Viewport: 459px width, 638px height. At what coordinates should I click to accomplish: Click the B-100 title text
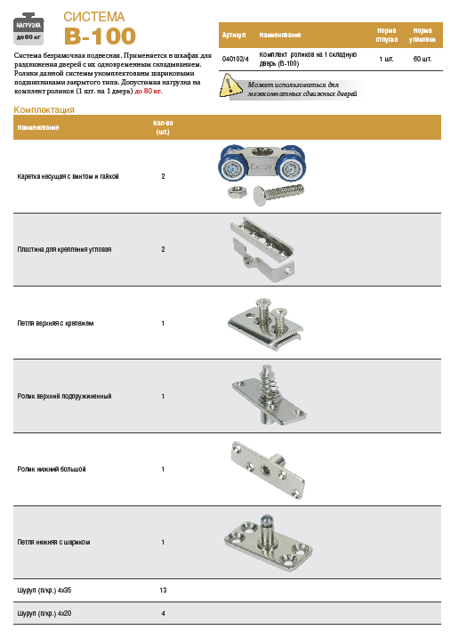click(x=100, y=36)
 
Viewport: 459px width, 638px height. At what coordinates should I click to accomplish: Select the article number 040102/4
click(x=235, y=59)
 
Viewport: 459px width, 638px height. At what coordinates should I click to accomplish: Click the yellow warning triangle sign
click(x=230, y=85)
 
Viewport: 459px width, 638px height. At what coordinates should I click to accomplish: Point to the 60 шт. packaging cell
click(x=423, y=59)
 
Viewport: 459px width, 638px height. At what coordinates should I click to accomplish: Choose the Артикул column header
click(x=234, y=35)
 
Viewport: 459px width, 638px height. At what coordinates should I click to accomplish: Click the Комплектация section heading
click(x=44, y=109)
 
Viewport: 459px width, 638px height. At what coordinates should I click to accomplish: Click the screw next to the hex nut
click(x=278, y=193)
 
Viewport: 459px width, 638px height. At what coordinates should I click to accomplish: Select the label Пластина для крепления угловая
click(x=64, y=249)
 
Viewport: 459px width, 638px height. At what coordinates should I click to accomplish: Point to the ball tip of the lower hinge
click(x=267, y=519)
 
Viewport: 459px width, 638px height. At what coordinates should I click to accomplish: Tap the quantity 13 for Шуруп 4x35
click(x=163, y=590)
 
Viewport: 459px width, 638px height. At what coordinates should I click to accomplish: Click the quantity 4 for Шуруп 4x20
click(x=163, y=613)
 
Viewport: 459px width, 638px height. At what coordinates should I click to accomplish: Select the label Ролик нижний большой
click(x=52, y=469)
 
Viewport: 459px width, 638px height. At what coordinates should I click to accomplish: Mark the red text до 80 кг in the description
click(x=149, y=91)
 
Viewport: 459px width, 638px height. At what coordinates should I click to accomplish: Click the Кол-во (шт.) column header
click(x=163, y=127)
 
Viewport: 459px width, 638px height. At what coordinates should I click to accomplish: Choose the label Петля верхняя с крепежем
click(x=55, y=324)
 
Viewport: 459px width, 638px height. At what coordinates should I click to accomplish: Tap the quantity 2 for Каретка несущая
click(x=163, y=176)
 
